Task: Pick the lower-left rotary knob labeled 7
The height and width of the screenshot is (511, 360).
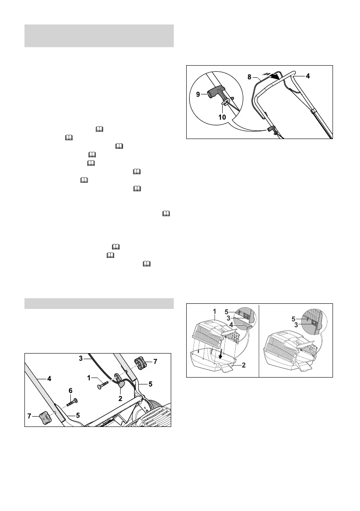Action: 44,415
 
